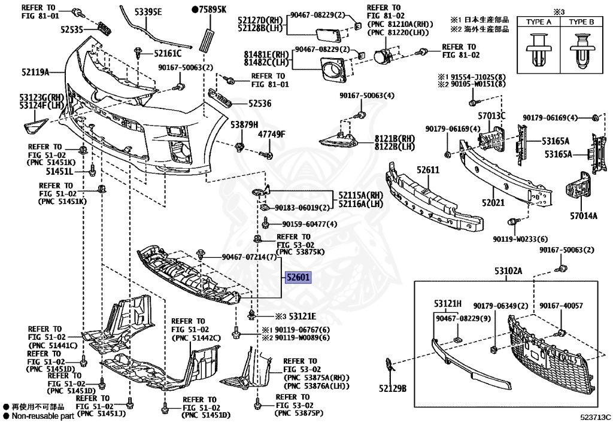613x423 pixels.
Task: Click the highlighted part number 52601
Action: pos(298,278)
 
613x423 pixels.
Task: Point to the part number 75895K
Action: pos(211,10)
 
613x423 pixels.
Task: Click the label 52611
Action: pos(429,171)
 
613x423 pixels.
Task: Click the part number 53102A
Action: pos(508,271)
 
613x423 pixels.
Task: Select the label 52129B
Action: pos(392,389)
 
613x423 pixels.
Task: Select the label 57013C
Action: pos(491,115)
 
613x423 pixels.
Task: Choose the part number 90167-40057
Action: pos(560,306)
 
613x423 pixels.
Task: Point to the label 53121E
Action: pos(303,316)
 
